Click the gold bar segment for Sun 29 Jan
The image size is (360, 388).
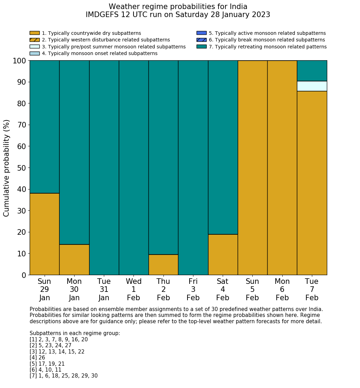click(44, 234)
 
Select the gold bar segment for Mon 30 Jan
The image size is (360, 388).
click(74, 259)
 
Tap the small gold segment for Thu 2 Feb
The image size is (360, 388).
click(163, 265)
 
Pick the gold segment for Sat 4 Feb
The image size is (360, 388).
click(223, 255)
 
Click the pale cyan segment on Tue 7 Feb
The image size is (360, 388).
click(312, 86)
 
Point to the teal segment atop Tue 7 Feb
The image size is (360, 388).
click(312, 71)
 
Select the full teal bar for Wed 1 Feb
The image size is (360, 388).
click(134, 168)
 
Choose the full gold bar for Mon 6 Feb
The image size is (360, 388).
click(282, 168)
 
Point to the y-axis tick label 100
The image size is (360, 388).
click(20, 61)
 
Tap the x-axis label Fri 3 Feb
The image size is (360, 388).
click(193, 289)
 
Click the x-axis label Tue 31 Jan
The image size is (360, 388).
click(104, 289)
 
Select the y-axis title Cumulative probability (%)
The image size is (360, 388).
click(7, 168)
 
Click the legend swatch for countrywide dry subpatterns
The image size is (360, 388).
click(35, 33)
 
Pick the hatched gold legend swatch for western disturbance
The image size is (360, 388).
click(35, 40)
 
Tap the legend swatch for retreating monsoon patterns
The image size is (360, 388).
click(201, 46)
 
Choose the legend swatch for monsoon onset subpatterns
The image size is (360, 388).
click(35, 53)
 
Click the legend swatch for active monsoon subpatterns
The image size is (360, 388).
click(201, 33)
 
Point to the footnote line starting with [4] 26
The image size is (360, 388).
click(37, 358)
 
